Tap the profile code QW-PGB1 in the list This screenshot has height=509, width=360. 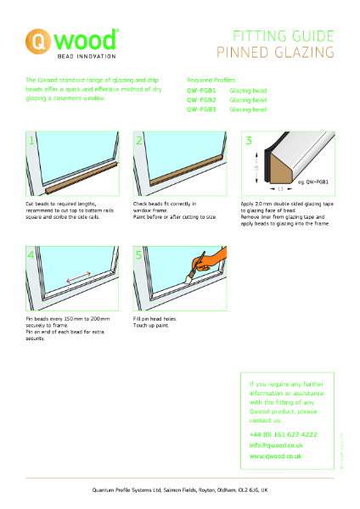pyautogui.click(x=201, y=90)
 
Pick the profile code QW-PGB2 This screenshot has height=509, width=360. pyautogui.click(x=201, y=100)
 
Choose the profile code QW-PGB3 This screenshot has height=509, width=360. pyautogui.click(x=201, y=109)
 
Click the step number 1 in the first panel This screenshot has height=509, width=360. pyautogui.click(x=32, y=141)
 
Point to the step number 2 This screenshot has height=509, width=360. pyautogui.click(x=140, y=141)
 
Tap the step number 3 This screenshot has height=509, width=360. pyautogui.click(x=249, y=141)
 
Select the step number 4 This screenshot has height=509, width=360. pyautogui.click(x=32, y=255)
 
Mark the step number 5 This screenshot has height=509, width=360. pyautogui.click(x=140, y=255)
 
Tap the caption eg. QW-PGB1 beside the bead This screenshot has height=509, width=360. pyautogui.click(x=312, y=181)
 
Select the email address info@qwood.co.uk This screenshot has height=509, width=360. pyautogui.click(x=276, y=445)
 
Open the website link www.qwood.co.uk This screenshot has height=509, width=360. pyautogui.click(x=276, y=456)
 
